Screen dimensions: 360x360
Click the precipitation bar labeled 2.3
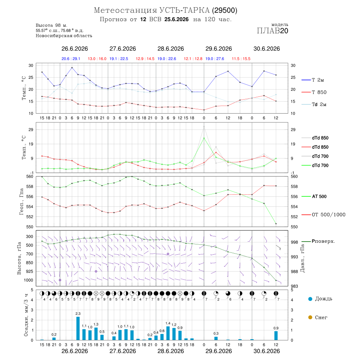(x=78, y=328)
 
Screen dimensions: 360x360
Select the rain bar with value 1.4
(x=168, y=333)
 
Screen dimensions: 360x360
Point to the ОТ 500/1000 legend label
(x=323, y=215)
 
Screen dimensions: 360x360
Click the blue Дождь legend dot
(x=310, y=299)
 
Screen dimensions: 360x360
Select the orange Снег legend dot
(x=310, y=317)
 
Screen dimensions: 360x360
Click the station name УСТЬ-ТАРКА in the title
(x=184, y=10)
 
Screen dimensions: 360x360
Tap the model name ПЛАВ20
(x=272, y=31)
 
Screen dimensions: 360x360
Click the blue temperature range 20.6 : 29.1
(x=71, y=59)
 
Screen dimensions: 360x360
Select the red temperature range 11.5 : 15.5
(x=241, y=59)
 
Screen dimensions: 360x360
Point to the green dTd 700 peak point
(x=204, y=138)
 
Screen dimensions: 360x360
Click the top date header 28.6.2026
(x=170, y=49)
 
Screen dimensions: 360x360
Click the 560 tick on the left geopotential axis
(x=30, y=176)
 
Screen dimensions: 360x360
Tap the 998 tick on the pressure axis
(x=294, y=242)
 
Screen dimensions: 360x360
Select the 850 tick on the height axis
(x=29, y=263)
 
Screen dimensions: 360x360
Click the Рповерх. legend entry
(x=318, y=241)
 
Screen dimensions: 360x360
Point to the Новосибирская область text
(x=64, y=36)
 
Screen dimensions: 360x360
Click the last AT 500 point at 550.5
(x=276, y=224)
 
